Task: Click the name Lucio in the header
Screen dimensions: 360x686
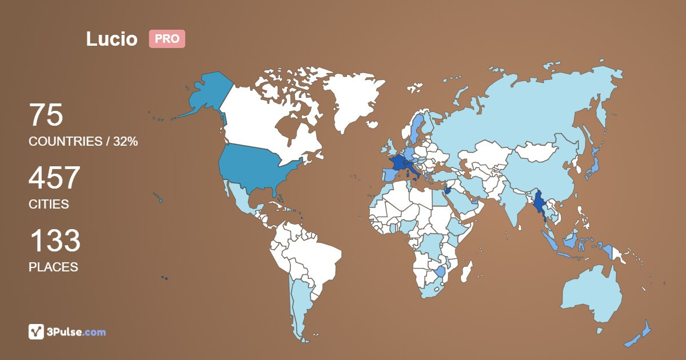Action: pos(111,39)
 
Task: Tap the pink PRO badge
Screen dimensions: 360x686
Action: pos(167,39)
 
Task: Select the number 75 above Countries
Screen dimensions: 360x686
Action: pos(46,115)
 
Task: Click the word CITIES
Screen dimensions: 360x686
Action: pos(49,204)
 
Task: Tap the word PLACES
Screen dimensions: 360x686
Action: pos(53,267)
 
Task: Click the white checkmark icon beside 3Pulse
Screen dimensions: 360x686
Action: pos(37,331)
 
